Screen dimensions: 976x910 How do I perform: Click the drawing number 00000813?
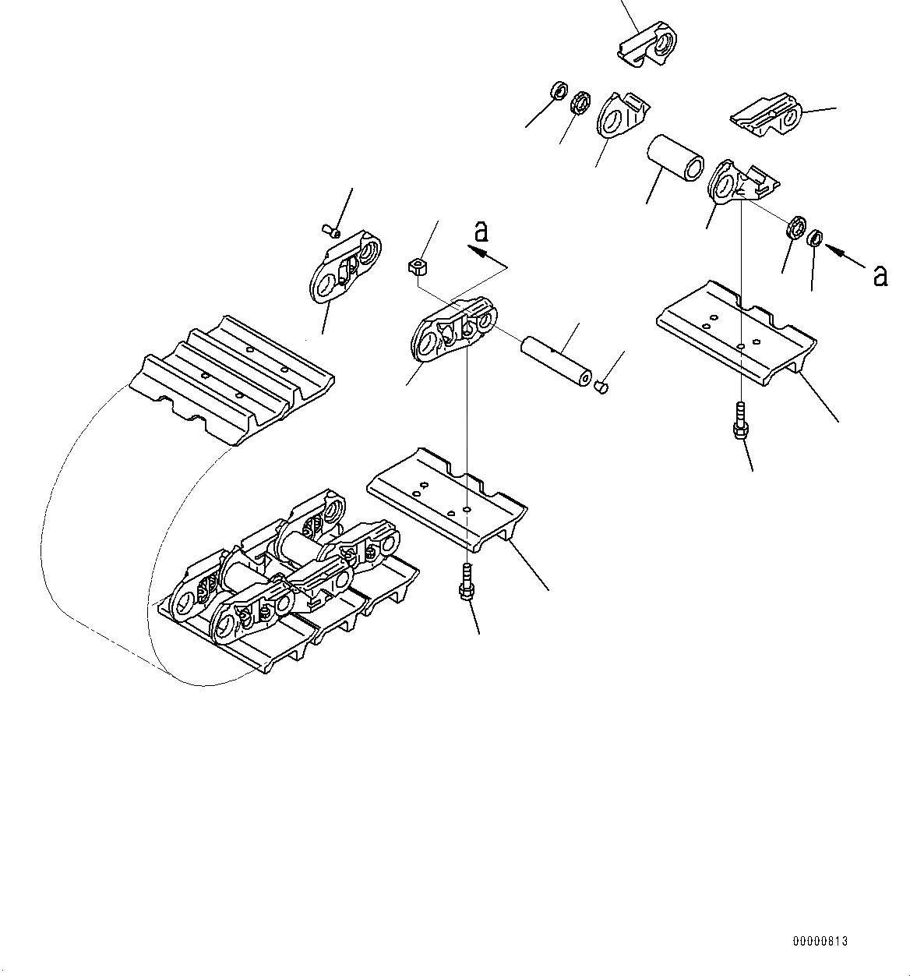pyautogui.click(x=820, y=941)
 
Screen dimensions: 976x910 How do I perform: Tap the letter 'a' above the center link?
pyautogui.click(x=482, y=231)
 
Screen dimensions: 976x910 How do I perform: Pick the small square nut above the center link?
pyautogui.click(x=418, y=267)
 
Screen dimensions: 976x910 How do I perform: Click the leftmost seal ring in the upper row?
pyautogui.click(x=559, y=91)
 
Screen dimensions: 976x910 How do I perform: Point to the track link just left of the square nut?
pyautogui.click(x=344, y=269)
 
